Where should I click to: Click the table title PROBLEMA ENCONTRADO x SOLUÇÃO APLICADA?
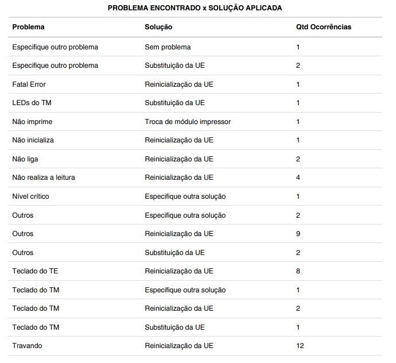click(x=195, y=8)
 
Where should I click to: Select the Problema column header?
click(x=28, y=27)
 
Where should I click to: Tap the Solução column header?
click(x=158, y=27)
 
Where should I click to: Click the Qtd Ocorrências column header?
click(x=323, y=27)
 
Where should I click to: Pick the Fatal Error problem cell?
click(x=29, y=84)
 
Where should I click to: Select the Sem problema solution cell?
click(x=168, y=47)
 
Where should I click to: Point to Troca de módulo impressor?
click(x=188, y=122)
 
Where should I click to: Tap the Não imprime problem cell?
click(x=32, y=122)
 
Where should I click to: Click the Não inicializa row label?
click(x=33, y=140)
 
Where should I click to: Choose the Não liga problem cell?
click(x=25, y=159)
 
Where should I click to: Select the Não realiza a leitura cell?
click(x=44, y=177)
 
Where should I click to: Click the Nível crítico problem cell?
click(x=30, y=196)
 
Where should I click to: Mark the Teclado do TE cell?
click(x=35, y=271)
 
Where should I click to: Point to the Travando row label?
click(x=27, y=346)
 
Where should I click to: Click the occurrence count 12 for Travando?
click(x=300, y=346)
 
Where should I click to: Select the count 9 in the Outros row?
click(x=298, y=234)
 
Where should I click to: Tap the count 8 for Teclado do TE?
click(x=298, y=271)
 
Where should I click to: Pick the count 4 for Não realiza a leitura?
click(x=298, y=177)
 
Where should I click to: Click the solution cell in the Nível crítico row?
click(x=185, y=196)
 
